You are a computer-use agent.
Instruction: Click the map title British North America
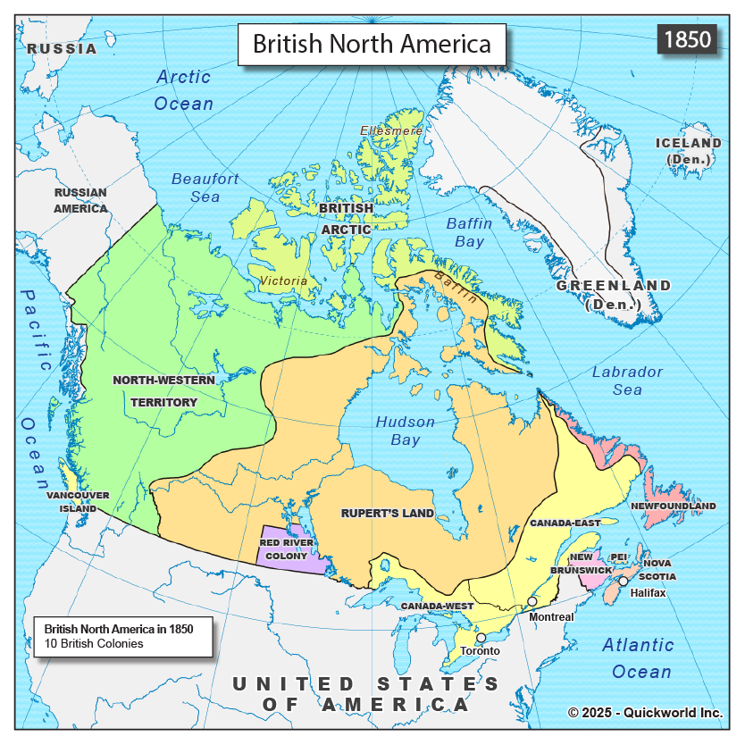[372, 44]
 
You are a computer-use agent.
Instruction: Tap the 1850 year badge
[687, 39]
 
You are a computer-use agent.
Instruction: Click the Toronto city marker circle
[481, 638]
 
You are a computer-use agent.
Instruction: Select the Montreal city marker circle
[532, 601]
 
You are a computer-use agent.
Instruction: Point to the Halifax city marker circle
[624, 581]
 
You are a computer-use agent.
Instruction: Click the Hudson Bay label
[405, 431]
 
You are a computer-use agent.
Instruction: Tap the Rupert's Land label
[388, 514]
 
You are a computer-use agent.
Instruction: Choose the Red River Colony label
[286, 548]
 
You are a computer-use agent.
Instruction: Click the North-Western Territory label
[163, 391]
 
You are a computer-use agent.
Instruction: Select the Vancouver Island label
[79, 502]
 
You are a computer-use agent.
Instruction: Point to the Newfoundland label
[674, 506]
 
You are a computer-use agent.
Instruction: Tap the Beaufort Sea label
[205, 188]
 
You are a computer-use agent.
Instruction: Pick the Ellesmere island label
[391, 130]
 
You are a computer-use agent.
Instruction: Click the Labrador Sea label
[627, 381]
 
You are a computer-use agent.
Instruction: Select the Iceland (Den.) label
[688, 151]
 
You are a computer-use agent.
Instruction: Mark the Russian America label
[80, 200]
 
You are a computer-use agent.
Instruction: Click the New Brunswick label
[581, 563]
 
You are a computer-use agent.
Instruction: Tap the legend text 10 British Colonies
[88, 643]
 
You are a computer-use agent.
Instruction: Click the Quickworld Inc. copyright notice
[645, 712]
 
